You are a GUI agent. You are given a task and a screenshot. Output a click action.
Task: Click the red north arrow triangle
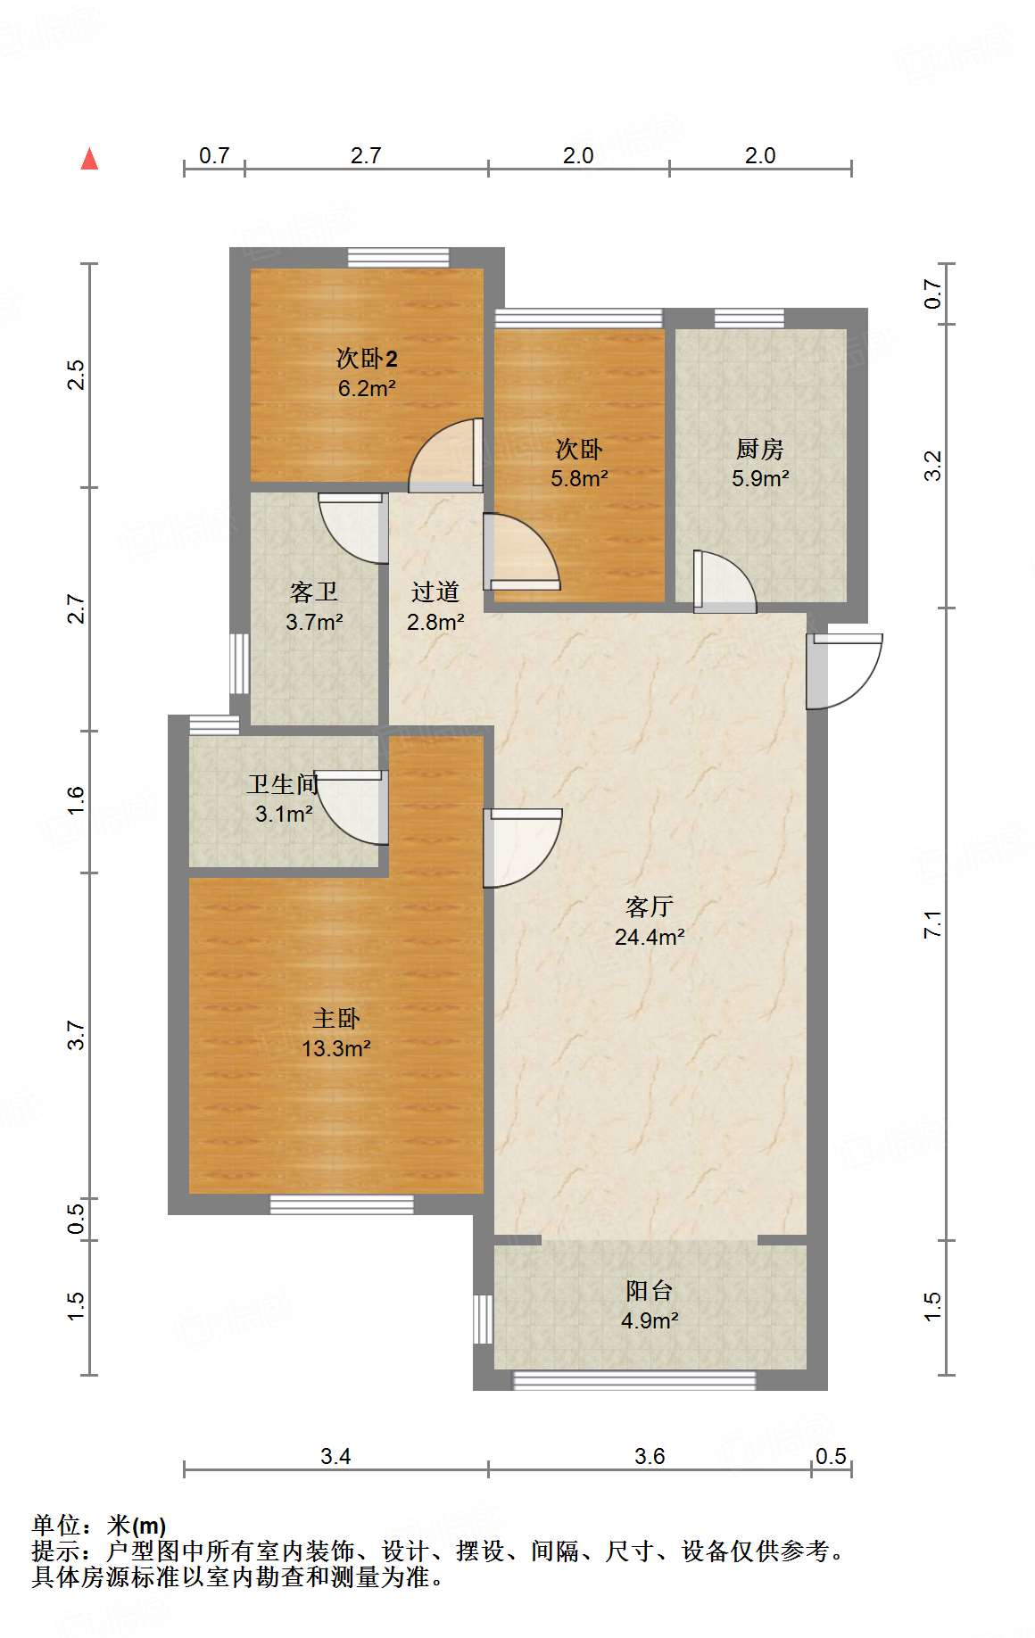89,159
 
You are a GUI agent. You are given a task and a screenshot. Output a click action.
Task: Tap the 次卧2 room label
367,359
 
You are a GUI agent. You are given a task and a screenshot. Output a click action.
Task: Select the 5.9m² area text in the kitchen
760,478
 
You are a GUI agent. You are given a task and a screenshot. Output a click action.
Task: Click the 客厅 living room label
649,906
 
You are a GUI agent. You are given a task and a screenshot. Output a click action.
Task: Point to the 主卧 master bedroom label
336,1018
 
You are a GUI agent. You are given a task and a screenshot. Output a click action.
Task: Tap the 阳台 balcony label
649,1290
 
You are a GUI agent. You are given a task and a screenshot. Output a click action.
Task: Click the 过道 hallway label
435,591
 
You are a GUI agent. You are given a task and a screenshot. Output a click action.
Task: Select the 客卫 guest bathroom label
314,591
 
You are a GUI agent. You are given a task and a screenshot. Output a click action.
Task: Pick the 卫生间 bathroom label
283,784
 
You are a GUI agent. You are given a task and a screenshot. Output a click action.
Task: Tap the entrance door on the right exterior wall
844,671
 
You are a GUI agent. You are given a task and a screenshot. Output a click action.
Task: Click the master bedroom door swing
523,848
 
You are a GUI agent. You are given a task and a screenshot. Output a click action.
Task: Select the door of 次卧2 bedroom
446,455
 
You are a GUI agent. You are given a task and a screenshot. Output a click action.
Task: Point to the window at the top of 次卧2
398,258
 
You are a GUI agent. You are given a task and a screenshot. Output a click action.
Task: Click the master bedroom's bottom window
342,1204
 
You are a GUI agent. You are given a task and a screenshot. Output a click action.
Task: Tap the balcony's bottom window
634,1380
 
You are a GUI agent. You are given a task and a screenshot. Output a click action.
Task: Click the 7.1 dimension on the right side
932,923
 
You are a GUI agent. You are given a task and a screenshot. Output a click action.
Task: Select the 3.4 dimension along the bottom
335,1456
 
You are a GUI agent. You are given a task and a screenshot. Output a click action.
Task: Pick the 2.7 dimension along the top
366,155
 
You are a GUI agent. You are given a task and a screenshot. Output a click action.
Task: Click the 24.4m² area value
650,937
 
